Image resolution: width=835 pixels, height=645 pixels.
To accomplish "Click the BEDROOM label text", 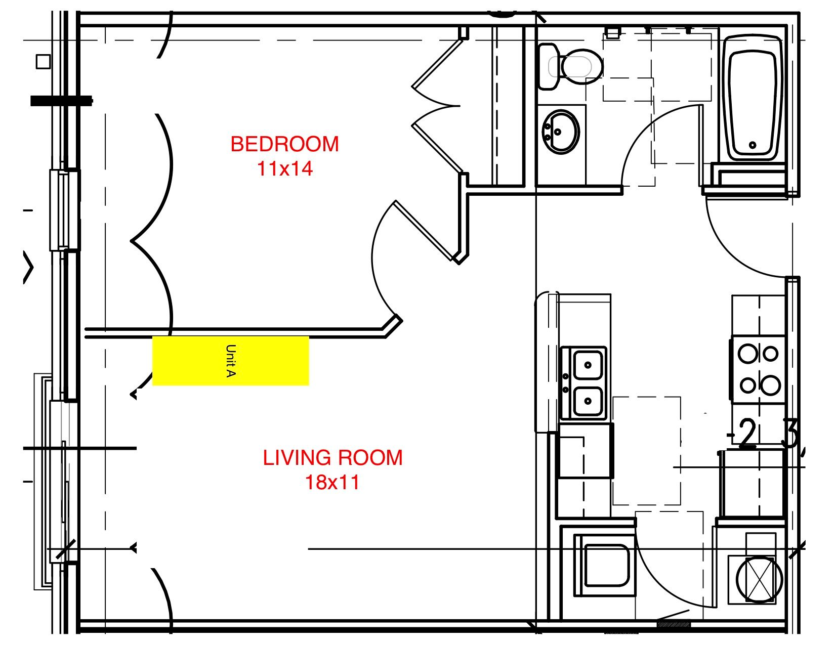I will point(284,144).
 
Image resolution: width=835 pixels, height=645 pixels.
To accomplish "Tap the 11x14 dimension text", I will point(285,168).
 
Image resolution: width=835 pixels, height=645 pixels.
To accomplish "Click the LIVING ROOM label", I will point(332,458).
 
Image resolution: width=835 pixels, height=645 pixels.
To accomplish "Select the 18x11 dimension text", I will point(332,482).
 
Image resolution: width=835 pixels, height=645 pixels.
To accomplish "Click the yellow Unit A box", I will point(230,361).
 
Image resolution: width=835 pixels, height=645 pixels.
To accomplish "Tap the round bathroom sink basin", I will point(560,132).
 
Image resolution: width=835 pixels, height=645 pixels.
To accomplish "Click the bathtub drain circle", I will point(753,145).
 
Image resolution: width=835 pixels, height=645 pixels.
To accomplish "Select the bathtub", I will point(752,99).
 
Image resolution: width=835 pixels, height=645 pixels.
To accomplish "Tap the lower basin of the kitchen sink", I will point(588,401).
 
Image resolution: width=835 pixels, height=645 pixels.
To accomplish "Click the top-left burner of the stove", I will point(747,353).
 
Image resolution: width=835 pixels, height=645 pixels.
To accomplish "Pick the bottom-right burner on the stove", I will point(770,385).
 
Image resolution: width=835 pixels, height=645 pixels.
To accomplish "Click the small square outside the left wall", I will point(43,62).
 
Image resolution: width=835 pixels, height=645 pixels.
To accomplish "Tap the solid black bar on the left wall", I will point(61,101).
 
